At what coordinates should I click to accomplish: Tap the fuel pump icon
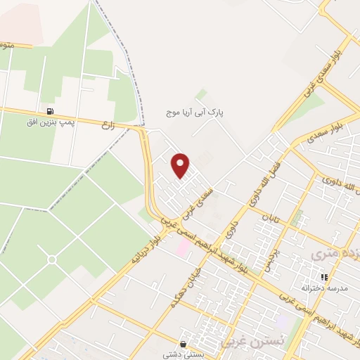click(49, 111)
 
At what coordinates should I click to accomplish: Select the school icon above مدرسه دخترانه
click(324, 278)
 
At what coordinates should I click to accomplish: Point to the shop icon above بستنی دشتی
click(184, 345)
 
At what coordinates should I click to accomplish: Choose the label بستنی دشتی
click(184, 355)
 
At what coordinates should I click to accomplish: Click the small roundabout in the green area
click(52, 259)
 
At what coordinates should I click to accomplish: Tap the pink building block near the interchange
click(182, 247)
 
